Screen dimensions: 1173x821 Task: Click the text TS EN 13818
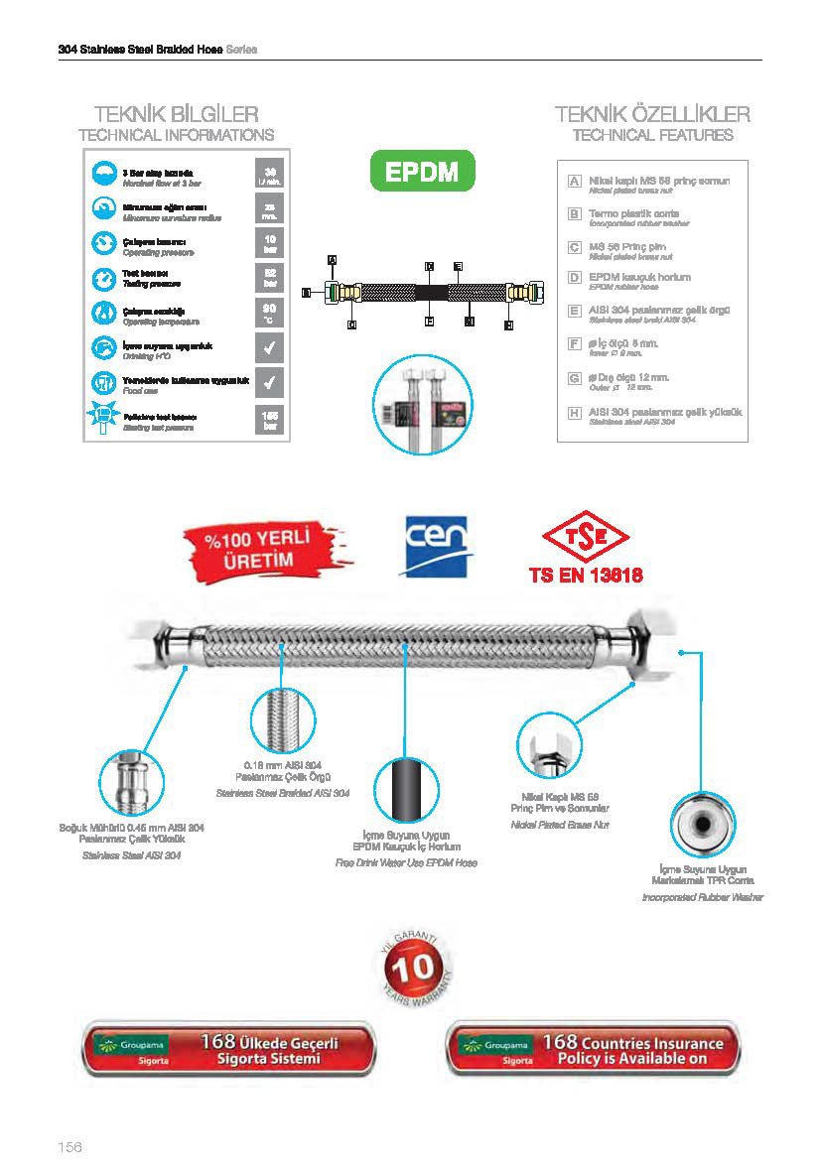coord(586,576)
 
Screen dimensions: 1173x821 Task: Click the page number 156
coord(68,1147)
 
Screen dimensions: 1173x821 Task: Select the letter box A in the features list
coord(574,182)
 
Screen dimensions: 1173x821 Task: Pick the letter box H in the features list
coord(574,411)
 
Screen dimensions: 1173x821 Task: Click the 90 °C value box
coord(269,313)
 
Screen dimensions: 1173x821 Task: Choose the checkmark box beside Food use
coord(269,381)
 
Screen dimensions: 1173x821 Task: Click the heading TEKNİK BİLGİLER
coord(176,114)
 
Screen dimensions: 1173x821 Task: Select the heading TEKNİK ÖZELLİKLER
coord(652,114)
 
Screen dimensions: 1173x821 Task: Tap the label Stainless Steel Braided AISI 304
coord(283,793)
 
